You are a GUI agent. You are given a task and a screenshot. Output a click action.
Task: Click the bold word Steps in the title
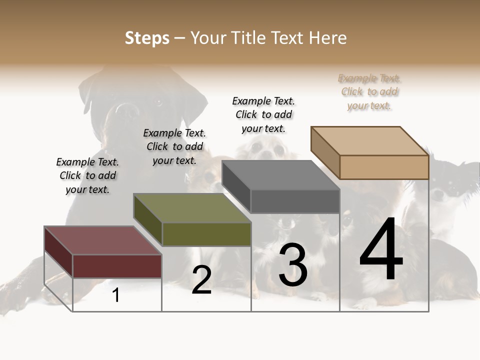tap(147, 38)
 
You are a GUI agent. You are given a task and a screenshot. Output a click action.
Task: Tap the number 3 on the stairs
tap(292, 265)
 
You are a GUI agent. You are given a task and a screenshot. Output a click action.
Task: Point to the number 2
tap(201, 280)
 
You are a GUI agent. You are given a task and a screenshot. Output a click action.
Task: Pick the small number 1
tap(116, 295)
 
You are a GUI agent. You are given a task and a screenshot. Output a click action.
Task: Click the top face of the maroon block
tap(102, 240)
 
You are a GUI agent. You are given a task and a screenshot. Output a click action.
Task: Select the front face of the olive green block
tap(206, 234)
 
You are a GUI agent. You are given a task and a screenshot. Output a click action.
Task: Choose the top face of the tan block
tap(370, 141)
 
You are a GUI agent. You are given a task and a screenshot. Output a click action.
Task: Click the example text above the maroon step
tap(87, 175)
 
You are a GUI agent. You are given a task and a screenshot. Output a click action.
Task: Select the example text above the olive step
tap(174, 146)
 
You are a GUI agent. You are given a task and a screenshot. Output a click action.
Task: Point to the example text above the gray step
tap(263, 114)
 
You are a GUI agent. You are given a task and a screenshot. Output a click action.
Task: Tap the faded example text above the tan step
tap(369, 91)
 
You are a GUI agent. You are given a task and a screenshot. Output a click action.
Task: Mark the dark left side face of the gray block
tap(236, 187)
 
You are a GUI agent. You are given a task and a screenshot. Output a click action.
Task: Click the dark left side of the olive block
tap(147, 220)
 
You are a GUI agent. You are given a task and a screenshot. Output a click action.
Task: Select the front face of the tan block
tap(384, 167)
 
